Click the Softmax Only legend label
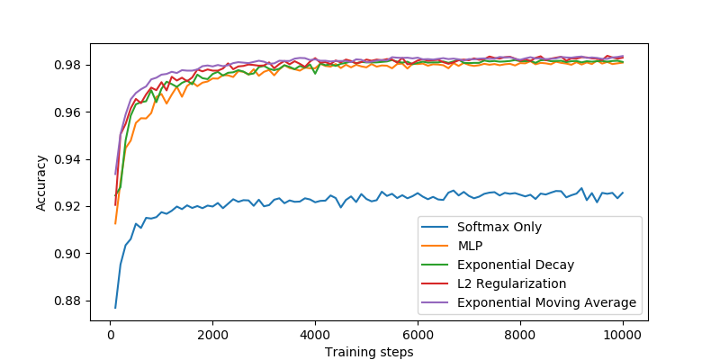point(500,228)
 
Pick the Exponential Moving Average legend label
point(547,302)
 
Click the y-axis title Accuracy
point(41,183)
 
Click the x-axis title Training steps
point(369,352)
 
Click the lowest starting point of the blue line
point(115,308)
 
